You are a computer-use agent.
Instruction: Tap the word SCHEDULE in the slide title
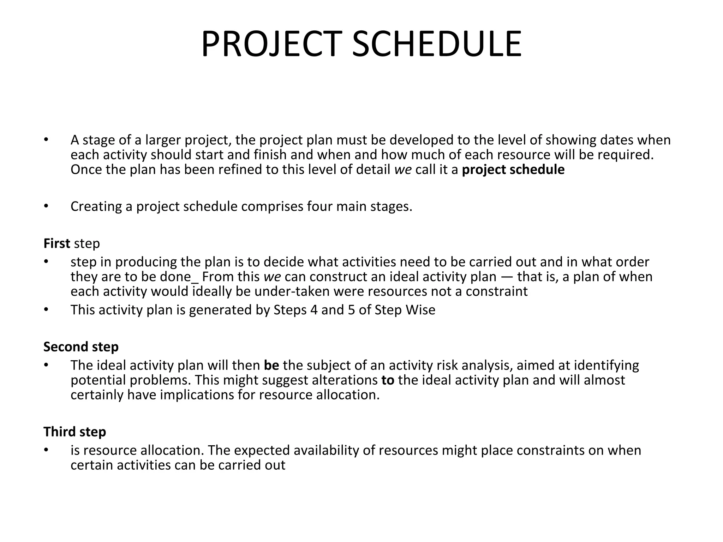(437, 44)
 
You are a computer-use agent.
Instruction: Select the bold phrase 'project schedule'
(513, 170)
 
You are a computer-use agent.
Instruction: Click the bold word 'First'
(57, 243)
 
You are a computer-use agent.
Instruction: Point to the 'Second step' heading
(81, 347)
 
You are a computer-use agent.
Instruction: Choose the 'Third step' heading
(74, 432)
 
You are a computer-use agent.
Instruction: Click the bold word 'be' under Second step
(271, 365)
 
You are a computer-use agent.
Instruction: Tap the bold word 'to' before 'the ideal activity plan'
(388, 380)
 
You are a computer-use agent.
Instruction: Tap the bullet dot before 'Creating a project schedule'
(46, 206)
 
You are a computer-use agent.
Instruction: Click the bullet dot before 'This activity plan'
(46, 309)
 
